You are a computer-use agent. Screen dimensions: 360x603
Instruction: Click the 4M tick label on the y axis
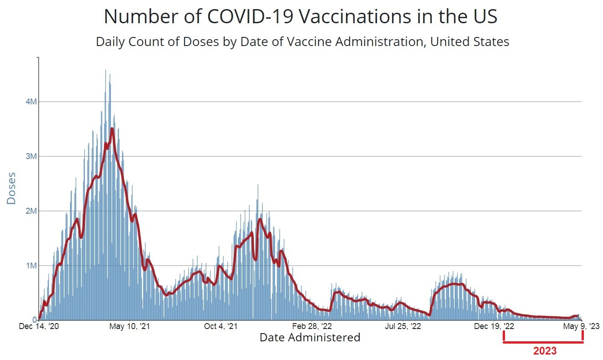point(31,102)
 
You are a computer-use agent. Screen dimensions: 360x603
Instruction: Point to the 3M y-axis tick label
point(31,156)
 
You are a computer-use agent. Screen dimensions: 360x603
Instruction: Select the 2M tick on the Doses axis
point(31,211)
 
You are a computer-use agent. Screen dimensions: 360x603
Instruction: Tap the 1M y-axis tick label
point(31,266)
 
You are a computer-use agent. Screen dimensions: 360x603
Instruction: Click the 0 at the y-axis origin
point(34,320)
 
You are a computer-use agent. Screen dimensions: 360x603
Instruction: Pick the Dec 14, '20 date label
point(39,326)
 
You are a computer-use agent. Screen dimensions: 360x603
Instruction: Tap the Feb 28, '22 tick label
point(312,326)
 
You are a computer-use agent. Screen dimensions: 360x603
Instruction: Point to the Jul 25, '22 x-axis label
point(403,326)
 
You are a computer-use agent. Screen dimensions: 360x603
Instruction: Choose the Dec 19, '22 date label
point(495,326)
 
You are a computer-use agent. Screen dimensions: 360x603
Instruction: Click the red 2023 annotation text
point(545,351)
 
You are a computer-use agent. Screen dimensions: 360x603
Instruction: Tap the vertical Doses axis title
point(11,188)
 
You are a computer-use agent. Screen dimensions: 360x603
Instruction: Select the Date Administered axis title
point(310,338)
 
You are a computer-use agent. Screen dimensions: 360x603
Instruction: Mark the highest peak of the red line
point(112,129)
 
